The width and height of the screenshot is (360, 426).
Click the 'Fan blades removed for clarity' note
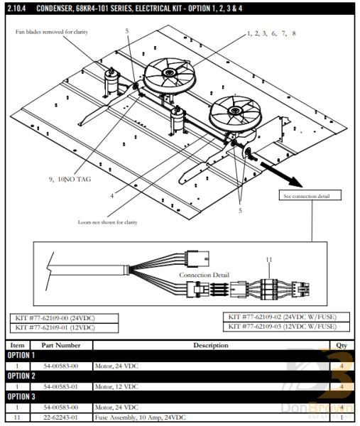pos(58,33)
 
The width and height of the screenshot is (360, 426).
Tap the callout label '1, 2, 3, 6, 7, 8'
pos(272,33)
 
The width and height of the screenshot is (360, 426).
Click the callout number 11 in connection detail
pos(269,260)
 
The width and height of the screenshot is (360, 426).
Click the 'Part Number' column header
pos(61,345)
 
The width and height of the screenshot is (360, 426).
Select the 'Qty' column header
pos(340,345)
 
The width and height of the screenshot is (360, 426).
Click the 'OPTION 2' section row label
pos(21,376)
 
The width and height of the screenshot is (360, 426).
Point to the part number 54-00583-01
pos(61,386)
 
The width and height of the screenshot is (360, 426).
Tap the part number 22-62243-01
pos(61,417)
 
